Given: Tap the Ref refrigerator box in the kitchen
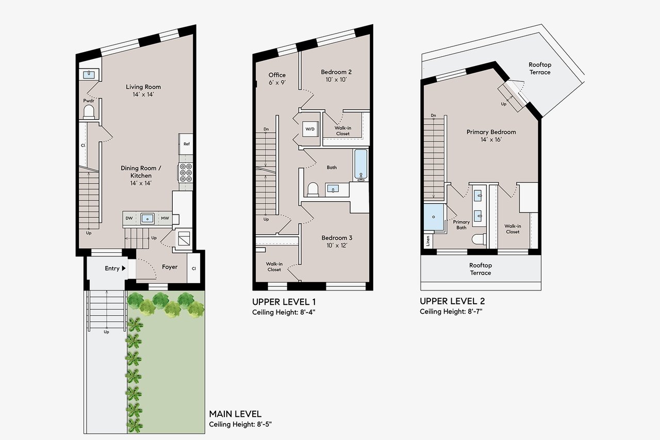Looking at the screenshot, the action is click(x=186, y=144).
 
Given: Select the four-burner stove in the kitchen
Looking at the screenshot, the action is click(x=186, y=173).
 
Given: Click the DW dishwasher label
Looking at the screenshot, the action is click(x=129, y=218).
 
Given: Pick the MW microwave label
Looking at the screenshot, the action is click(x=165, y=218).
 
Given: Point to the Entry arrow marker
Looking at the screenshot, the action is click(x=124, y=268).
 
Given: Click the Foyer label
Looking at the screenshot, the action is click(x=170, y=267).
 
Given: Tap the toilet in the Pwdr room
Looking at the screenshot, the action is click(x=89, y=112).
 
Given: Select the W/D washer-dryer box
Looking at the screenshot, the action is click(x=310, y=129).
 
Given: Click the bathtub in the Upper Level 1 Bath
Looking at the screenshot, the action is click(x=360, y=165).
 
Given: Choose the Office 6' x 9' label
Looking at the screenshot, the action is click(x=277, y=79).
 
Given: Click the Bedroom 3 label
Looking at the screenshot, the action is click(x=337, y=238).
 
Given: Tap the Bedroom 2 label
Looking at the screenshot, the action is click(x=336, y=72).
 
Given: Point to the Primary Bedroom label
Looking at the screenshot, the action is click(x=491, y=132).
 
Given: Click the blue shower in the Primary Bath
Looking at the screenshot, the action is click(x=434, y=217).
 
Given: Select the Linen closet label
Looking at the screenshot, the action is click(x=428, y=241).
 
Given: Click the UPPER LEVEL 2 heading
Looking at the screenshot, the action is click(x=452, y=301).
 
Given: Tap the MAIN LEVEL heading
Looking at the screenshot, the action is click(x=235, y=414).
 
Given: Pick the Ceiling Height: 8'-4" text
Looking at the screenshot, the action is click(x=284, y=313).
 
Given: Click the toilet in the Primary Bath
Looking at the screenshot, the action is click(x=479, y=239).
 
